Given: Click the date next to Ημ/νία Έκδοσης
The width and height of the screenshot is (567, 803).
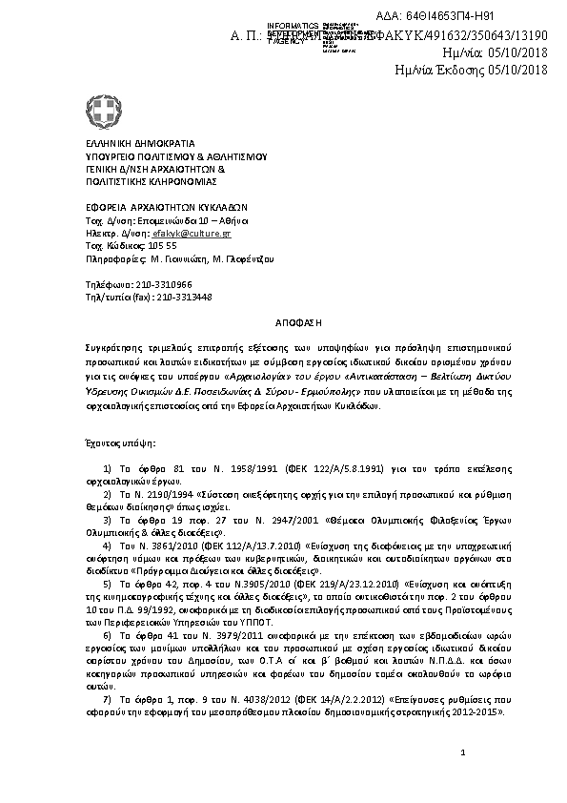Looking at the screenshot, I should [519, 70].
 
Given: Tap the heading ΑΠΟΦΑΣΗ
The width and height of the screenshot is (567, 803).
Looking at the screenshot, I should [284, 324].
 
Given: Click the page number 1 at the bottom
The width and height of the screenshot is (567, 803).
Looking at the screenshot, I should [462, 753].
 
